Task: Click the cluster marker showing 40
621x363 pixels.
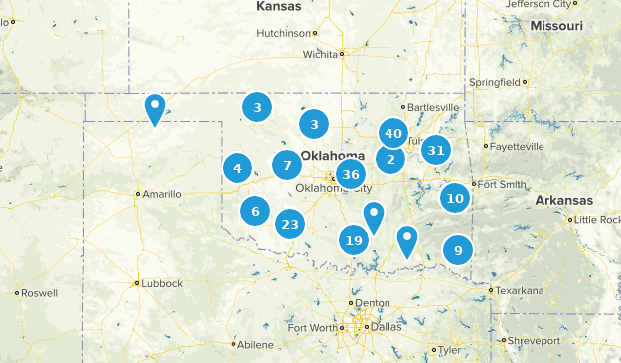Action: coord(392,133)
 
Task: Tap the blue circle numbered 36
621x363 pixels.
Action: coord(349,175)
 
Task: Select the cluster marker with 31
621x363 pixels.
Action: coord(435,151)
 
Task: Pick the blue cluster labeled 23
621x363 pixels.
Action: coord(289,224)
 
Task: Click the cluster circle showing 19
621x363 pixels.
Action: coord(353,239)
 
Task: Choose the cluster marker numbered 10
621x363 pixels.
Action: coord(455,198)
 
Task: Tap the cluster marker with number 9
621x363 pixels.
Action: coord(457,250)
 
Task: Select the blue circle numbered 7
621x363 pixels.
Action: coord(287,166)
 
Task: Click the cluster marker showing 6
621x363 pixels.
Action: coord(255,211)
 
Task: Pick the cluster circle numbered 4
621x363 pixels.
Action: coord(237,168)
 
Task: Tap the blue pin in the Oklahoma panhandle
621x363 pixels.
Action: coord(155,108)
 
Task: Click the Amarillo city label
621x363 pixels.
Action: coord(162,194)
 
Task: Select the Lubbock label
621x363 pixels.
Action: coord(162,283)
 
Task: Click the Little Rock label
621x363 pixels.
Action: coord(595,219)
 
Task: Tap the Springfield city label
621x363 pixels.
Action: coord(493,81)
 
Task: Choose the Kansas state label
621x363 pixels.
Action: coord(278,6)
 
